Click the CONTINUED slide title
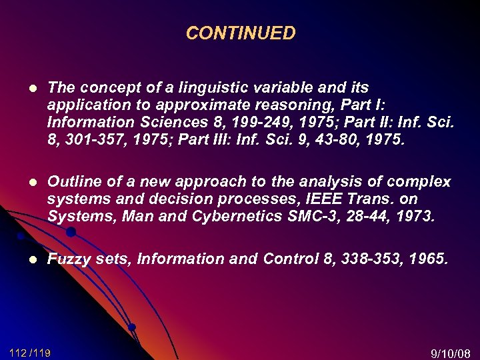[x=240, y=33]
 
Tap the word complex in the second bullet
[x=422, y=182]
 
